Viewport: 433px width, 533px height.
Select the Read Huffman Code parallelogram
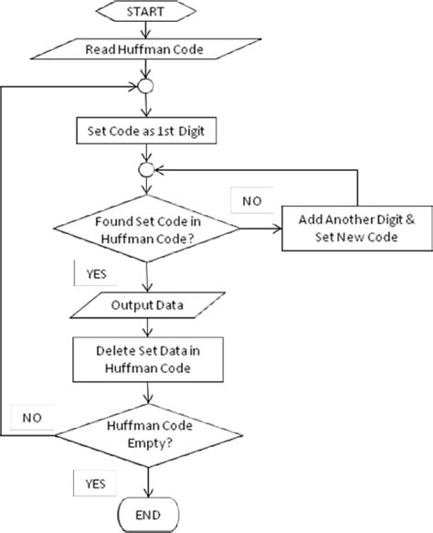tap(144, 50)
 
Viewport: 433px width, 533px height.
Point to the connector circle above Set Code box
tap(143, 89)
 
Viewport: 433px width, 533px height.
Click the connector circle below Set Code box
tap(143, 169)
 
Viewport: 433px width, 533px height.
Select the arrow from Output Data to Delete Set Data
tap(143, 325)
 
